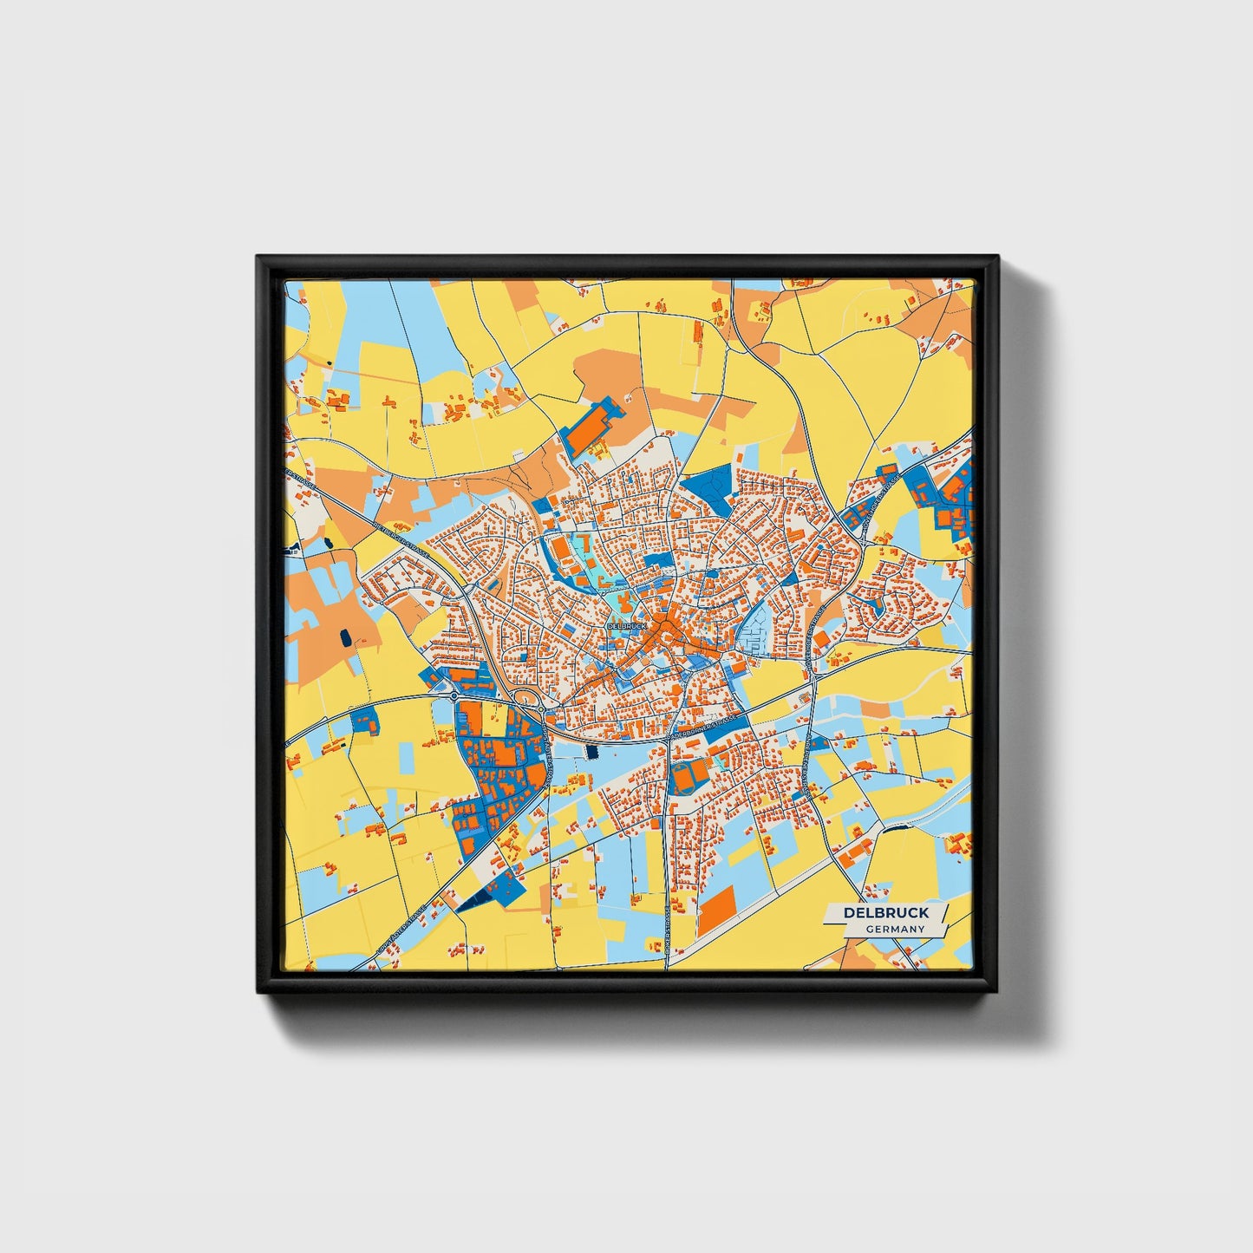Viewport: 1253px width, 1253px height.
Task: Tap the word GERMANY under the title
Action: [x=895, y=929]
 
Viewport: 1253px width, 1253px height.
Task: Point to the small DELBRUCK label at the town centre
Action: [x=626, y=625]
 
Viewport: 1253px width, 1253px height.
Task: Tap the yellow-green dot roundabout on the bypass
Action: [x=541, y=709]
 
